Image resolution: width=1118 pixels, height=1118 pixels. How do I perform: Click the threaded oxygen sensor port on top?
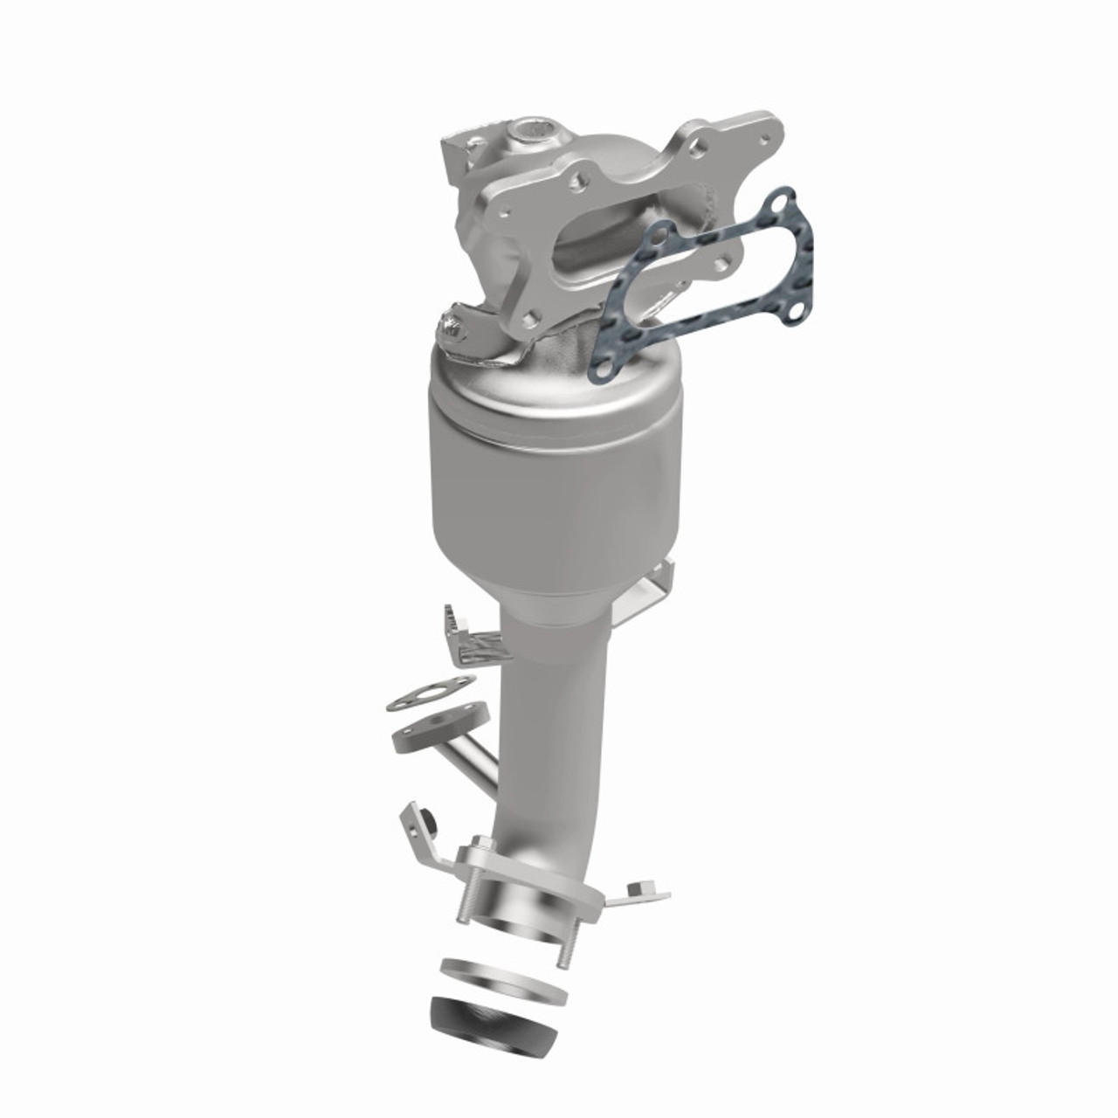[527, 134]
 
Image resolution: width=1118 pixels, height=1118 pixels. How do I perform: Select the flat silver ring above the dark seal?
[504, 977]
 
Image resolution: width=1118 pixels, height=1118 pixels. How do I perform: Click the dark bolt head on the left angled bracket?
[429, 822]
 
